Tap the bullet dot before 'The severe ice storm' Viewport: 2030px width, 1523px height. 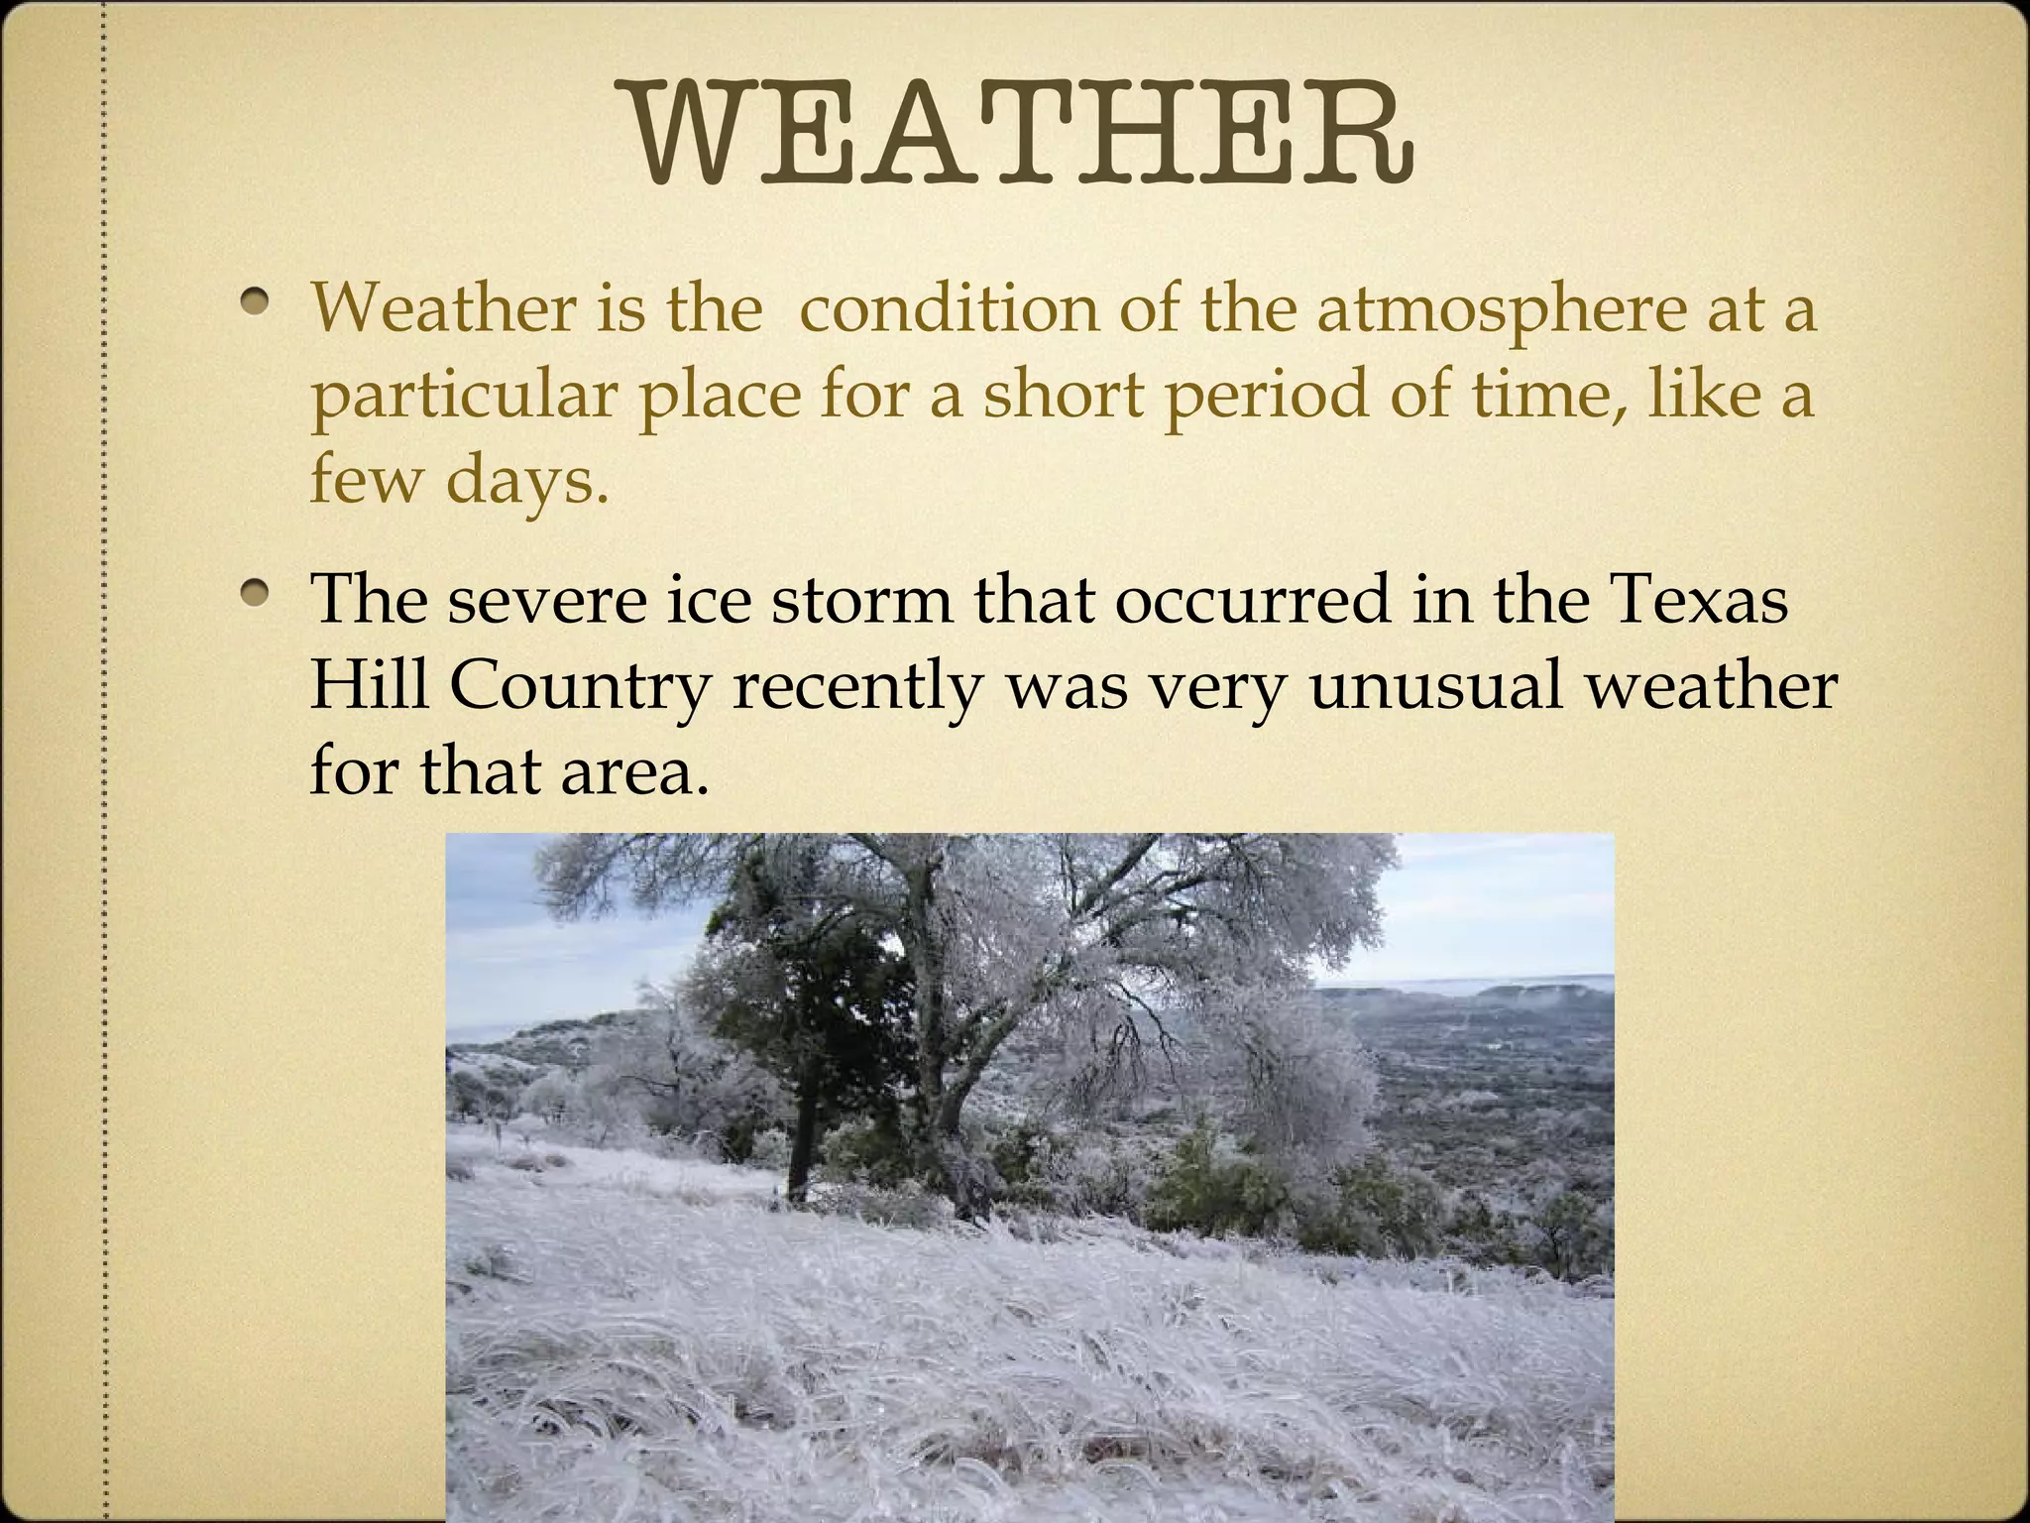(259, 594)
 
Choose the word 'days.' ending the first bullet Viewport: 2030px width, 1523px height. (526, 481)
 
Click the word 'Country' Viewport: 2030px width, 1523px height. (581, 686)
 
